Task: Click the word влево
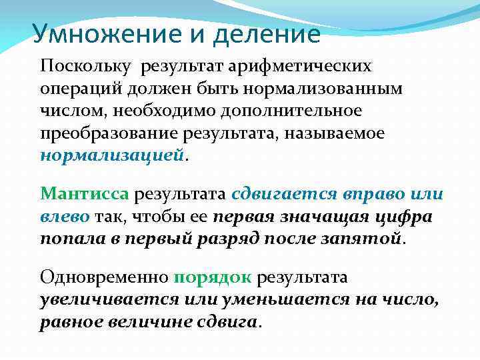pyautogui.click(x=65, y=217)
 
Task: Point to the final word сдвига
pyautogui.click(x=230, y=322)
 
